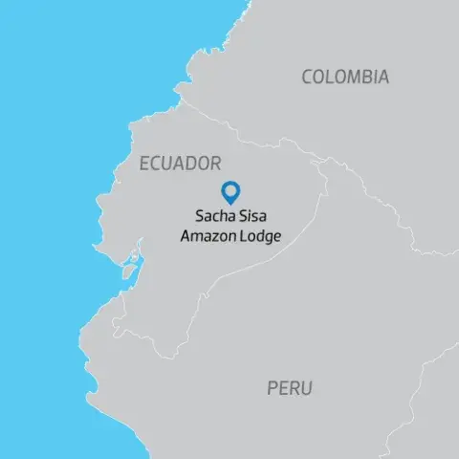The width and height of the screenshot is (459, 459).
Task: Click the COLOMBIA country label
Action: coord(345,77)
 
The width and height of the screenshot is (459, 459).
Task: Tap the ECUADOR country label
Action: coord(181,164)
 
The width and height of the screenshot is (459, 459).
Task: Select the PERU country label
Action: coord(289,388)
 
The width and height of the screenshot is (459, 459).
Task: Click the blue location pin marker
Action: coord(230,192)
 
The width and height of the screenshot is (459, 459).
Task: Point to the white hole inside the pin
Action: coord(230,189)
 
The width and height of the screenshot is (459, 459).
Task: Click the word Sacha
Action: coord(215,216)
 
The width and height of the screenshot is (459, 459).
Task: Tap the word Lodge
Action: coord(261,235)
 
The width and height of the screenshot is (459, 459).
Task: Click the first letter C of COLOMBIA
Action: coord(308,77)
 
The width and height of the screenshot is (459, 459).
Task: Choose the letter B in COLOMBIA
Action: coord(363,77)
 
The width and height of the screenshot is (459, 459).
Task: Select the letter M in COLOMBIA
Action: coord(349,77)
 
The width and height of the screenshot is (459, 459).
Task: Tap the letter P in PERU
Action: coord(272,388)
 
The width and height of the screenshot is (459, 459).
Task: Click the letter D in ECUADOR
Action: coord(194,164)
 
